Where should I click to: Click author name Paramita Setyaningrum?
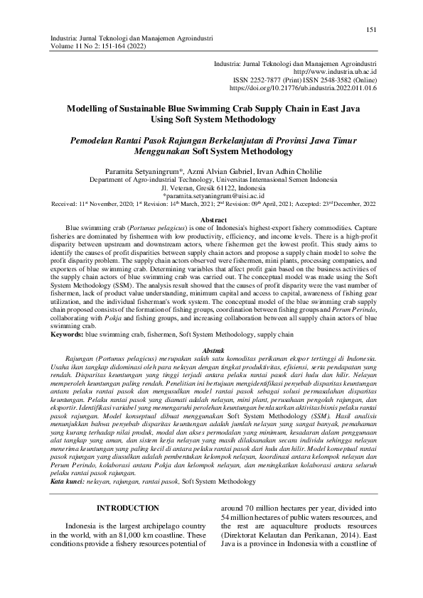[135, 171]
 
